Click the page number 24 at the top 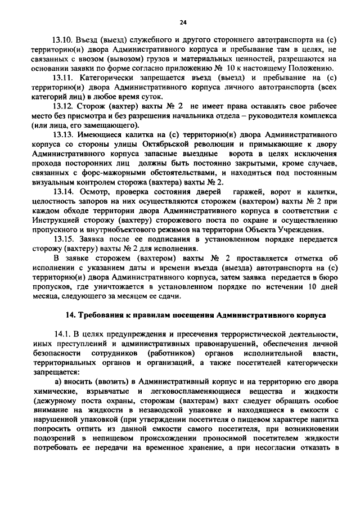pos(183,22)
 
